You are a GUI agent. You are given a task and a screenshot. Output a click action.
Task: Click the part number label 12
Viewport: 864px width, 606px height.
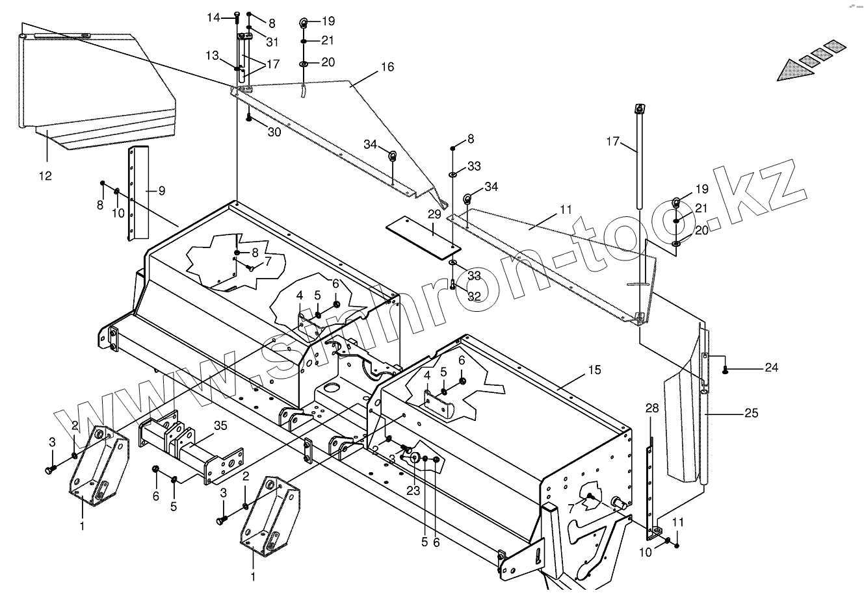45,176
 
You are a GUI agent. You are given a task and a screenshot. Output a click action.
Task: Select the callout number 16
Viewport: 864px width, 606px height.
387,68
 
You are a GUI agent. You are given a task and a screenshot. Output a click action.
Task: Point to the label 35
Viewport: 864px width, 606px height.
220,427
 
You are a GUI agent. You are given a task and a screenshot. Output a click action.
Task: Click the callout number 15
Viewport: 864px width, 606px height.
595,370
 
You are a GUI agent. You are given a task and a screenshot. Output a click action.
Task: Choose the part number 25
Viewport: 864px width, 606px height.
752,413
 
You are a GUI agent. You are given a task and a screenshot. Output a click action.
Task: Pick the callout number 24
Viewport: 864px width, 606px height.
771,368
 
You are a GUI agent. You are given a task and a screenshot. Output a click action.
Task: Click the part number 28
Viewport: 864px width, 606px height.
652,408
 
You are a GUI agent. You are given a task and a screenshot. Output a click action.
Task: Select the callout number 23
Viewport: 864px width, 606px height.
413,491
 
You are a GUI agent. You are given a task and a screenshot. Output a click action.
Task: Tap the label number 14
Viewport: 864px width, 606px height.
214,18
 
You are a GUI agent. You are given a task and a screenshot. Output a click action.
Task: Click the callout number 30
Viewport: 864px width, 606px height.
274,131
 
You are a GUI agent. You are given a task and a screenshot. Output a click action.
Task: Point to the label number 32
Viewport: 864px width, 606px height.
474,296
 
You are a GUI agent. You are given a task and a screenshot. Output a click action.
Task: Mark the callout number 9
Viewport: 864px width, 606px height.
161,191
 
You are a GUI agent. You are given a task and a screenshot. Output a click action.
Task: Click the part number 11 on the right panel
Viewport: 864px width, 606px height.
566,209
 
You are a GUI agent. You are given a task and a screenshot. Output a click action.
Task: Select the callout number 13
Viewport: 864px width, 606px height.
213,56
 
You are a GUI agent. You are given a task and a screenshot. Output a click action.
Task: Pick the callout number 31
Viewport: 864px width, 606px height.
272,42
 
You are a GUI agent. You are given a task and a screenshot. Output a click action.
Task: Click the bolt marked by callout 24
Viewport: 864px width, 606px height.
726,370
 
